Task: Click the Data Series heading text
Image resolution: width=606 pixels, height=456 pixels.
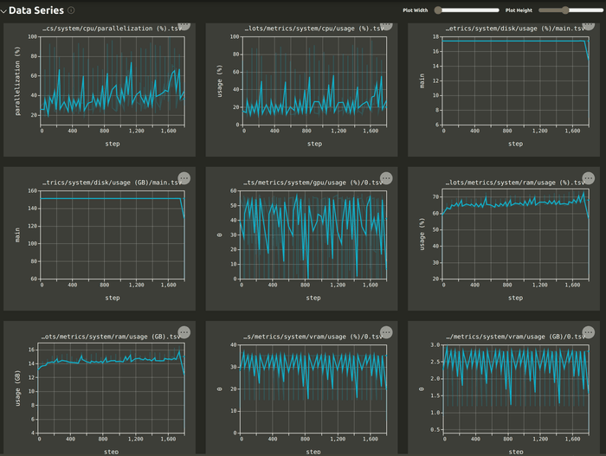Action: [x=37, y=10]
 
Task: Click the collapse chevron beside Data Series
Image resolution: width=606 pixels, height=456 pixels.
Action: [x=4, y=10]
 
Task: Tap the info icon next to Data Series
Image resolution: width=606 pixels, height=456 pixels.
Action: [x=71, y=10]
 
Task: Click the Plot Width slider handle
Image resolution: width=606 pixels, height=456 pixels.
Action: [x=439, y=10]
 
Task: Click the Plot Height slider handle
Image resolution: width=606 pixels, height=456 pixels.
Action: [x=565, y=10]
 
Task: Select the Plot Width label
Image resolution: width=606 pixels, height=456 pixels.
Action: [x=416, y=10]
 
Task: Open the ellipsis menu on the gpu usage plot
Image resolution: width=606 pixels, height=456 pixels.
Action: [x=386, y=177]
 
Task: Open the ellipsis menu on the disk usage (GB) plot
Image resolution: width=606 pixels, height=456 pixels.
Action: [x=184, y=177]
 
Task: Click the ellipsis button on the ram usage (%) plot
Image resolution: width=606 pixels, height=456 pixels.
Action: [x=588, y=177]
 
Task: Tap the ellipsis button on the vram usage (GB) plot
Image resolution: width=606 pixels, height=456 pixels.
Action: [x=588, y=331]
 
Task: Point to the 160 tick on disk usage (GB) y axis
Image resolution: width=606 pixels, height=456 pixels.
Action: [x=33, y=191]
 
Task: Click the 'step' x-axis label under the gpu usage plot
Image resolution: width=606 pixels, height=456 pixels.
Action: [x=314, y=298]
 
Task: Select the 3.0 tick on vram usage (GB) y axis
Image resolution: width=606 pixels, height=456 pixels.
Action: [x=435, y=345]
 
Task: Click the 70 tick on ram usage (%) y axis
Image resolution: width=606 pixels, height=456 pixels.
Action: [x=435, y=197]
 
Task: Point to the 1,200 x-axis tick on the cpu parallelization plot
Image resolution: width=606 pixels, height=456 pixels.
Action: [x=136, y=131]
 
